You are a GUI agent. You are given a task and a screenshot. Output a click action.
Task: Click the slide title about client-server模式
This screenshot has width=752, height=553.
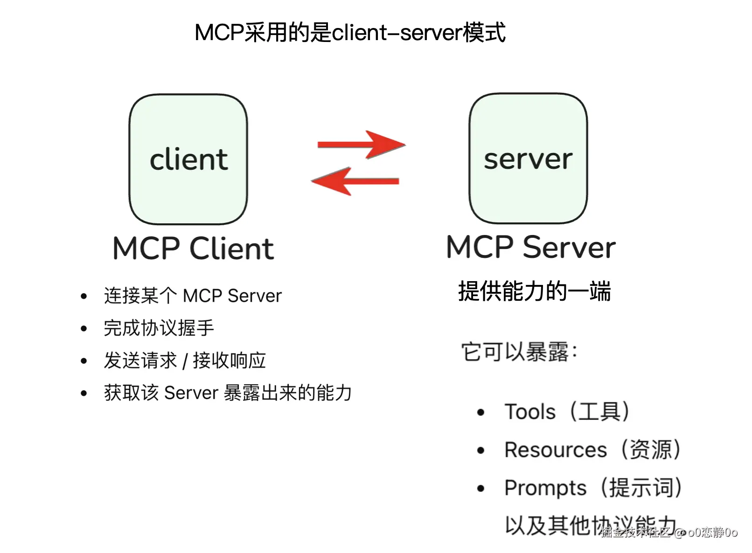(350, 33)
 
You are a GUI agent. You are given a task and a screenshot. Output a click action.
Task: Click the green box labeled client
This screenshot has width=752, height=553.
(188, 159)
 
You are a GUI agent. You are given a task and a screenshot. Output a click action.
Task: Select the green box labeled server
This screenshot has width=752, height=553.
(528, 159)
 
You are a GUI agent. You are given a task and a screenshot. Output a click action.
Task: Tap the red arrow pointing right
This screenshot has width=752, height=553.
(362, 145)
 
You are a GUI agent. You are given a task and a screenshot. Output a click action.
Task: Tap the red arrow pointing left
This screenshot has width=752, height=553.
(355, 181)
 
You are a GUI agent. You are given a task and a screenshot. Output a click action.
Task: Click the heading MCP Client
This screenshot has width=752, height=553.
(193, 248)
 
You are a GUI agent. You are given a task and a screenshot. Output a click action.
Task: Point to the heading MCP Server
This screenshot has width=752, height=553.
(531, 247)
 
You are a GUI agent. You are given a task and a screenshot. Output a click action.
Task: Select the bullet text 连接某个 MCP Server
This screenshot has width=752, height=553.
(193, 296)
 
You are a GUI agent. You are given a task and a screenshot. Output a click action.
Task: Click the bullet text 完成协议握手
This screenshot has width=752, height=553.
(159, 328)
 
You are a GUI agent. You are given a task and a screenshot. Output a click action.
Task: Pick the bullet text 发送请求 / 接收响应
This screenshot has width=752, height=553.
(185, 360)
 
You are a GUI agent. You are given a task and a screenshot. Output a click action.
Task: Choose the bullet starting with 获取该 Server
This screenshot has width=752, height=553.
(228, 393)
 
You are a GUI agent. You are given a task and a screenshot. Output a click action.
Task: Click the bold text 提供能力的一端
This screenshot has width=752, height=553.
(535, 291)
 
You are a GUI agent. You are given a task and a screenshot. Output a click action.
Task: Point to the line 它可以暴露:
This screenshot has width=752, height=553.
(519, 352)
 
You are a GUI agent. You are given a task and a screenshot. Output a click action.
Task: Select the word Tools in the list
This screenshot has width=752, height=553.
(530, 412)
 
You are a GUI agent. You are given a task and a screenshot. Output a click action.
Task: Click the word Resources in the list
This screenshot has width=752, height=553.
(556, 450)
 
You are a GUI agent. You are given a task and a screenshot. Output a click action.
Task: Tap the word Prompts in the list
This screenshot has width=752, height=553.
(545, 488)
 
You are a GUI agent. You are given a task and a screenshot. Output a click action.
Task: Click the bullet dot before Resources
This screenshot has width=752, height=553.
(481, 450)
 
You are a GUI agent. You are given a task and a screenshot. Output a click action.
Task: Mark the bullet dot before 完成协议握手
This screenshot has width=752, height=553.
(84, 329)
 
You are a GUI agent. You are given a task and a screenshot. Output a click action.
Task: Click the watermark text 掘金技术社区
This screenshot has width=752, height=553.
(635, 532)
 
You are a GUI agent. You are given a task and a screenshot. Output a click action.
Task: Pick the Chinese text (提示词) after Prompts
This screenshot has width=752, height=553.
(641, 488)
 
